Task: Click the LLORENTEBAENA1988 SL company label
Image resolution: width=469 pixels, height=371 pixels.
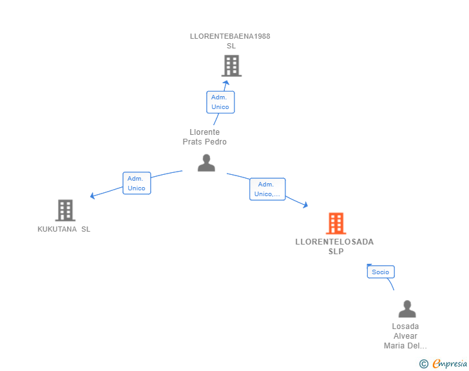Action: (230, 41)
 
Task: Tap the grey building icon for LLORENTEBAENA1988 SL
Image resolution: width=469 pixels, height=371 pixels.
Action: (231, 65)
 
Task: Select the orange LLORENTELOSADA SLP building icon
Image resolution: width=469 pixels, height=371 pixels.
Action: (336, 223)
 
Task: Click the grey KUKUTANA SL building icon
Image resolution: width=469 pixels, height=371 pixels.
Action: (65, 210)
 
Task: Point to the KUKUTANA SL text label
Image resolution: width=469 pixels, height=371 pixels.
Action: (64, 229)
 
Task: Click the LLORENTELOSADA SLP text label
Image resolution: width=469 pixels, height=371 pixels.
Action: (334, 246)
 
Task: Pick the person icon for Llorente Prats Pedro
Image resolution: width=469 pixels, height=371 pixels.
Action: (206, 163)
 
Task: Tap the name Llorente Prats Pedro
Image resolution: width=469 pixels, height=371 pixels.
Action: (204, 137)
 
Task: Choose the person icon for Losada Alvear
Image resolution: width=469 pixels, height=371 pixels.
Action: (407, 309)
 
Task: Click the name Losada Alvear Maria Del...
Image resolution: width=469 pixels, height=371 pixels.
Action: (405, 336)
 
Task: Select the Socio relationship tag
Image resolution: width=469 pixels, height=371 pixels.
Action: (381, 272)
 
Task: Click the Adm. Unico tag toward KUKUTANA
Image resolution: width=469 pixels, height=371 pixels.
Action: (137, 183)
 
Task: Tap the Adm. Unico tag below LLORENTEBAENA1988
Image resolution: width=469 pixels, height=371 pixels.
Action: (220, 102)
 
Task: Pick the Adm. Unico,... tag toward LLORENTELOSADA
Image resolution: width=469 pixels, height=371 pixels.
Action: (267, 189)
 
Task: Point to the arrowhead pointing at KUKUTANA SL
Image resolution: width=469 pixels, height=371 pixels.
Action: (93, 196)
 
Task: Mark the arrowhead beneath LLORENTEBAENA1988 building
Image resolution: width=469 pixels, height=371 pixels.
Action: (225, 82)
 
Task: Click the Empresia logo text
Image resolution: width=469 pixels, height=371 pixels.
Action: (450, 364)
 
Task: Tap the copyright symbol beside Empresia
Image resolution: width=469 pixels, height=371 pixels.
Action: (423, 364)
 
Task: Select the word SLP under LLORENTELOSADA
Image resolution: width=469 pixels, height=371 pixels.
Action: (336, 252)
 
